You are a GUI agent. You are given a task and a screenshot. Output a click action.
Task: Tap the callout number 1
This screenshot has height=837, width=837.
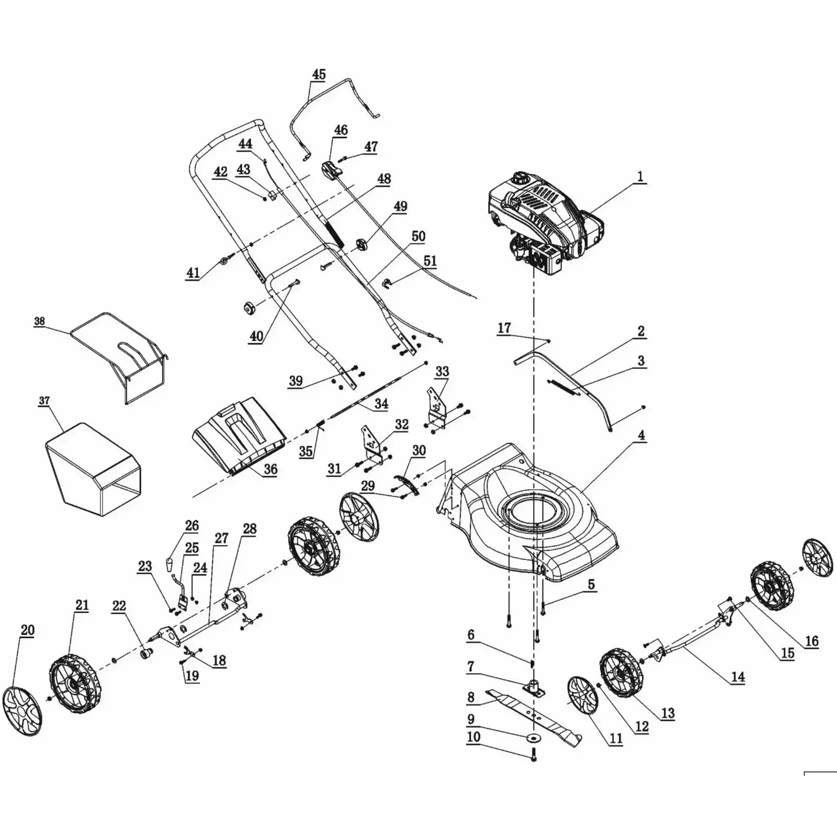pyautogui.click(x=640, y=177)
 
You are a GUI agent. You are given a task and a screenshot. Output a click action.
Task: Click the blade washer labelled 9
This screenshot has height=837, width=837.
pyautogui.click(x=533, y=738)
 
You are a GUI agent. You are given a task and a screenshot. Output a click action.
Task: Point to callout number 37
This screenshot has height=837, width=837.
pyautogui.click(x=44, y=401)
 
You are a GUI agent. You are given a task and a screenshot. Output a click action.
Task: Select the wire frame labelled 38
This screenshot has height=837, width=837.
pyautogui.click(x=120, y=356)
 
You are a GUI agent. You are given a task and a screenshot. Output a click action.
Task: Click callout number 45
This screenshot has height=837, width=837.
pyautogui.click(x=319, y=75)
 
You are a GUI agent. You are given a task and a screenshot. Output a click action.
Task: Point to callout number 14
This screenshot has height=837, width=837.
pyautogui.click(x=738, y=677)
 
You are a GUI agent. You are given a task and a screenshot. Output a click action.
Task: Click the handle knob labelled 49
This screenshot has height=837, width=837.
pyautogui.click(x=361, y=244)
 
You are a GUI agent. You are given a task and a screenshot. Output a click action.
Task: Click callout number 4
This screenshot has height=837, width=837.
pyautogui.click(x=640, y=435)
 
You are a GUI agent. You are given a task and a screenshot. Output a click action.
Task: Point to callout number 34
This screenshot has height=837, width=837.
pyautogui.click(x=381, y=404)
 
